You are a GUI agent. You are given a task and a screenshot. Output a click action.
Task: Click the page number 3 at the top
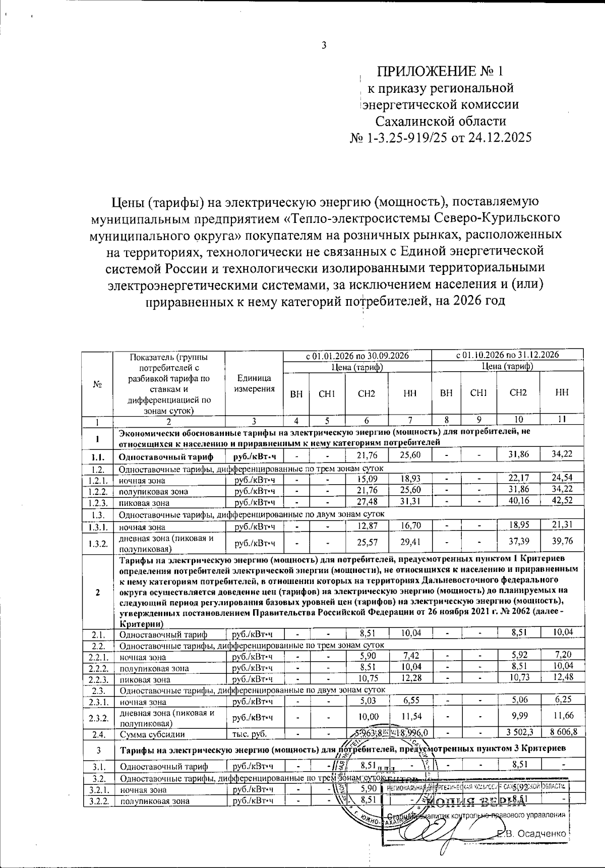point(324,45)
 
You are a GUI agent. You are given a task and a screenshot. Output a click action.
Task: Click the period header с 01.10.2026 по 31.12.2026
point(508,355)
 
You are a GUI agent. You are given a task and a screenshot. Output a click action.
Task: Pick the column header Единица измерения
point(255,383)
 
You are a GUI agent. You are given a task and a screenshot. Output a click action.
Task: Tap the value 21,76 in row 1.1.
point(367,455)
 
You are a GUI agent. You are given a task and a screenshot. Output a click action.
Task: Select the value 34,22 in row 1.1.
point(562,454)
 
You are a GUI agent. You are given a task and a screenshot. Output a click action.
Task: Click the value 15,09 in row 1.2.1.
point(367,479)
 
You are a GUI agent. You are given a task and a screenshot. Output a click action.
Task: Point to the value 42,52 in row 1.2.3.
point(562,501)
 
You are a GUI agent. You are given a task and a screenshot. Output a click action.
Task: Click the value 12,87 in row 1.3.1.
point(367,526)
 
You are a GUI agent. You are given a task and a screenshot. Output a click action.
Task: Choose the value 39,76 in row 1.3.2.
point(562,541)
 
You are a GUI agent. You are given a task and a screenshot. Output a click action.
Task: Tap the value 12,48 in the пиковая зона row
point(562,677)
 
